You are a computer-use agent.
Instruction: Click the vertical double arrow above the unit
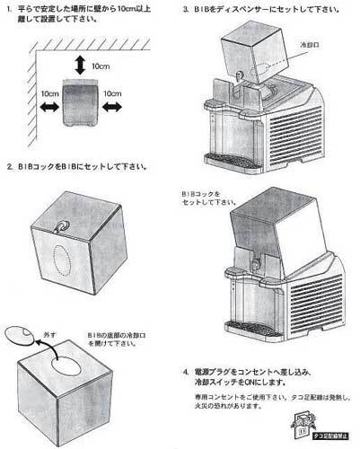[x=82, y=65]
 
